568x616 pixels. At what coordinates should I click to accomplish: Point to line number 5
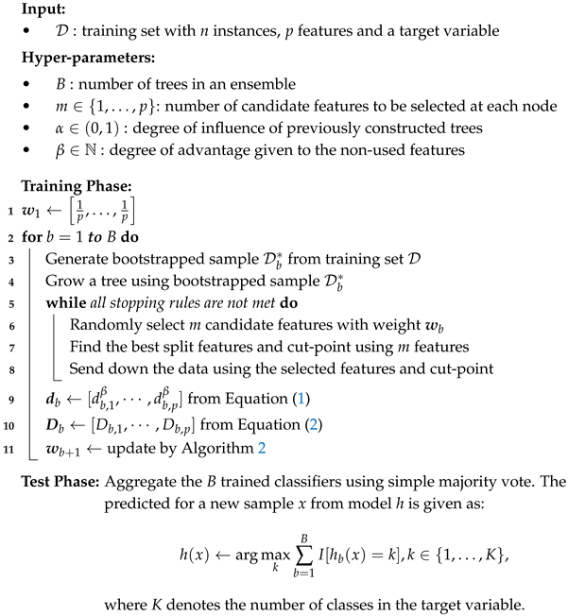coord(8,304)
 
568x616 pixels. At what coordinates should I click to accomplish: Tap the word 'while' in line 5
coord(64,304)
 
